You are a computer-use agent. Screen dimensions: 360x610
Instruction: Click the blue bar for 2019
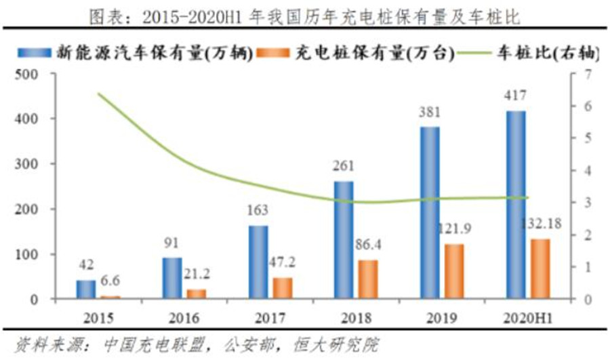(x=430, y=213)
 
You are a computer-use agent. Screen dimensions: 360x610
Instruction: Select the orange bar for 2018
(x=368, y=279)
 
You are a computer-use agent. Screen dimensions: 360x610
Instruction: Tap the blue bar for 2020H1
(x=515, y=205)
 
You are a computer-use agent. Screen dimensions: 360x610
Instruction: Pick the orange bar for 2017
(x=283, y=288)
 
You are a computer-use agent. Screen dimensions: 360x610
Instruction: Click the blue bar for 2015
(x=85, y=289)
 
